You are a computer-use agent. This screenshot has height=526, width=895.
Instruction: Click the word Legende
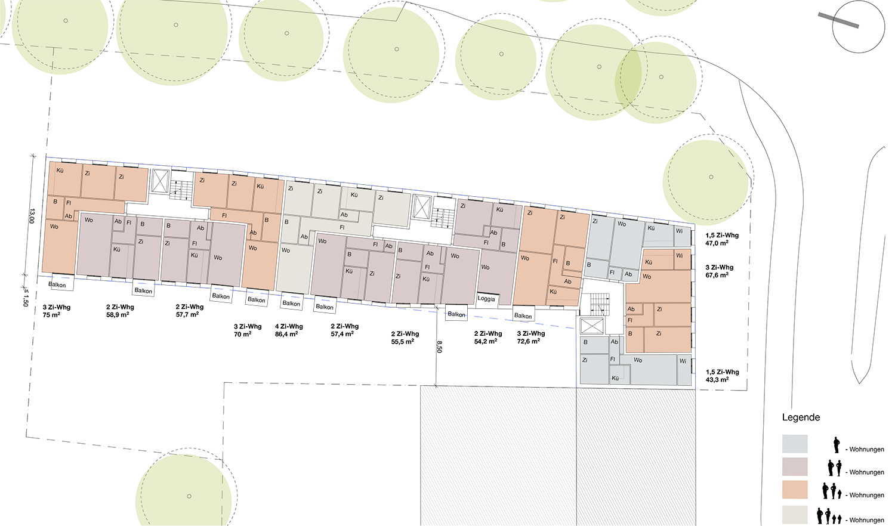801,417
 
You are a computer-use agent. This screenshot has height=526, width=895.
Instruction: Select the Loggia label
486,299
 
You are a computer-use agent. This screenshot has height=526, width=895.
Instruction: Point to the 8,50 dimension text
439,346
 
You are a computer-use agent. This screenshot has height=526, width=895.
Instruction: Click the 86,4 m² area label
286,335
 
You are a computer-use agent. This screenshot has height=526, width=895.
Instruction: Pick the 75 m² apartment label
51,315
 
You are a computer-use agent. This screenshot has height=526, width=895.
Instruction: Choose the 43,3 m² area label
717,379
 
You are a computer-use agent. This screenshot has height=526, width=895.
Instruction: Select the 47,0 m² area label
717,243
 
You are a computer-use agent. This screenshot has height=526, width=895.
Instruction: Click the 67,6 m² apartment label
717,275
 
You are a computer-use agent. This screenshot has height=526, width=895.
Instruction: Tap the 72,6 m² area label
528,341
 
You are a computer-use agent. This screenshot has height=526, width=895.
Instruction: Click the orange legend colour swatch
795,490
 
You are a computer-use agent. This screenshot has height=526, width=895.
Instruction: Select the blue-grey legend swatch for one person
795,444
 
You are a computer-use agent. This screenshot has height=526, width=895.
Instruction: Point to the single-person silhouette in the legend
837,445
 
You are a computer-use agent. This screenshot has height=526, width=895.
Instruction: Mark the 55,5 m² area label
402,342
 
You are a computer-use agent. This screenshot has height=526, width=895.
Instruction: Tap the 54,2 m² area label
486,341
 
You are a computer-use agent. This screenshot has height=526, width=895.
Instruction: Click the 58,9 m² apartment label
118,315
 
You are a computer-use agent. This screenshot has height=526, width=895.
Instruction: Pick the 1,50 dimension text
26,298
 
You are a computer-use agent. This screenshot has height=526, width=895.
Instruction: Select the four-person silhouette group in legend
829,516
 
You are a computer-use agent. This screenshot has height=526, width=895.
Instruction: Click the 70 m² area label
242,335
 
